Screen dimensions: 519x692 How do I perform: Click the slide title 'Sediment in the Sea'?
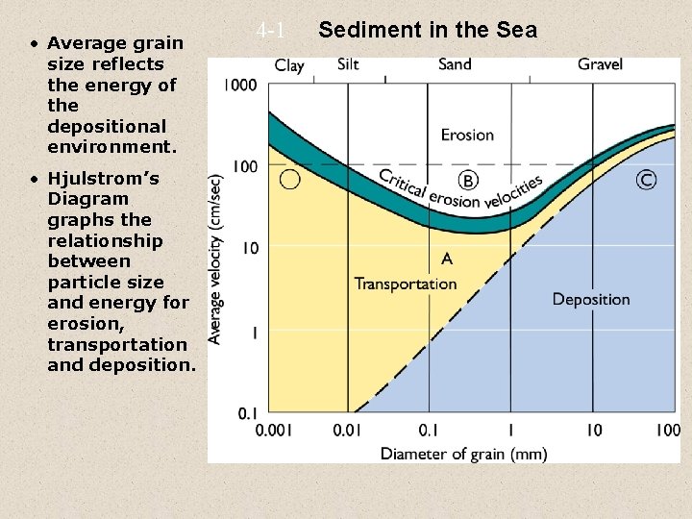(x=428, y=30)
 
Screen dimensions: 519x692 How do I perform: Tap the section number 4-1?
(x=272, y=31)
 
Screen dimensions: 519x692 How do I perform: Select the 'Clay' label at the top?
(x=289, y=65)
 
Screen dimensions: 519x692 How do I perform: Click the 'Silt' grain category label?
(x=349, y=64)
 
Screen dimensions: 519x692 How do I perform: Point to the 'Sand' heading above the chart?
(x=455, y=64)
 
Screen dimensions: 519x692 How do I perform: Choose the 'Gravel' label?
(x=600, y=64)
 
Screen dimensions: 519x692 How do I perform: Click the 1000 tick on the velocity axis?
(x=240, y=85)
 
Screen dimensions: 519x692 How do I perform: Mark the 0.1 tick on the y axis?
(x=247, y=413)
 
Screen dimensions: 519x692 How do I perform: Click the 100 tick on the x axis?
(x=667, y=431)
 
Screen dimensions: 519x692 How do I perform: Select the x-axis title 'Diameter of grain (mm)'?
(x=464, y=453)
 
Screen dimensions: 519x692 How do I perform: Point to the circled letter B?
(x=468, y=180)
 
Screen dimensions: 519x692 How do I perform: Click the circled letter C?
(x=647, y=180)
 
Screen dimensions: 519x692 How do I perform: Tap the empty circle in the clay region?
(x=289, y=179)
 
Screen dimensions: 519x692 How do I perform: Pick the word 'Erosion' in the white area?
(x=467, y=135)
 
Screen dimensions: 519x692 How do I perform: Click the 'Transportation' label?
(x=406, y=284)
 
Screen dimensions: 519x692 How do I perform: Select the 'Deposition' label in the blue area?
(x=591, y=299)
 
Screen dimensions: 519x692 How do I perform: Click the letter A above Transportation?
(x=445, y=259)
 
